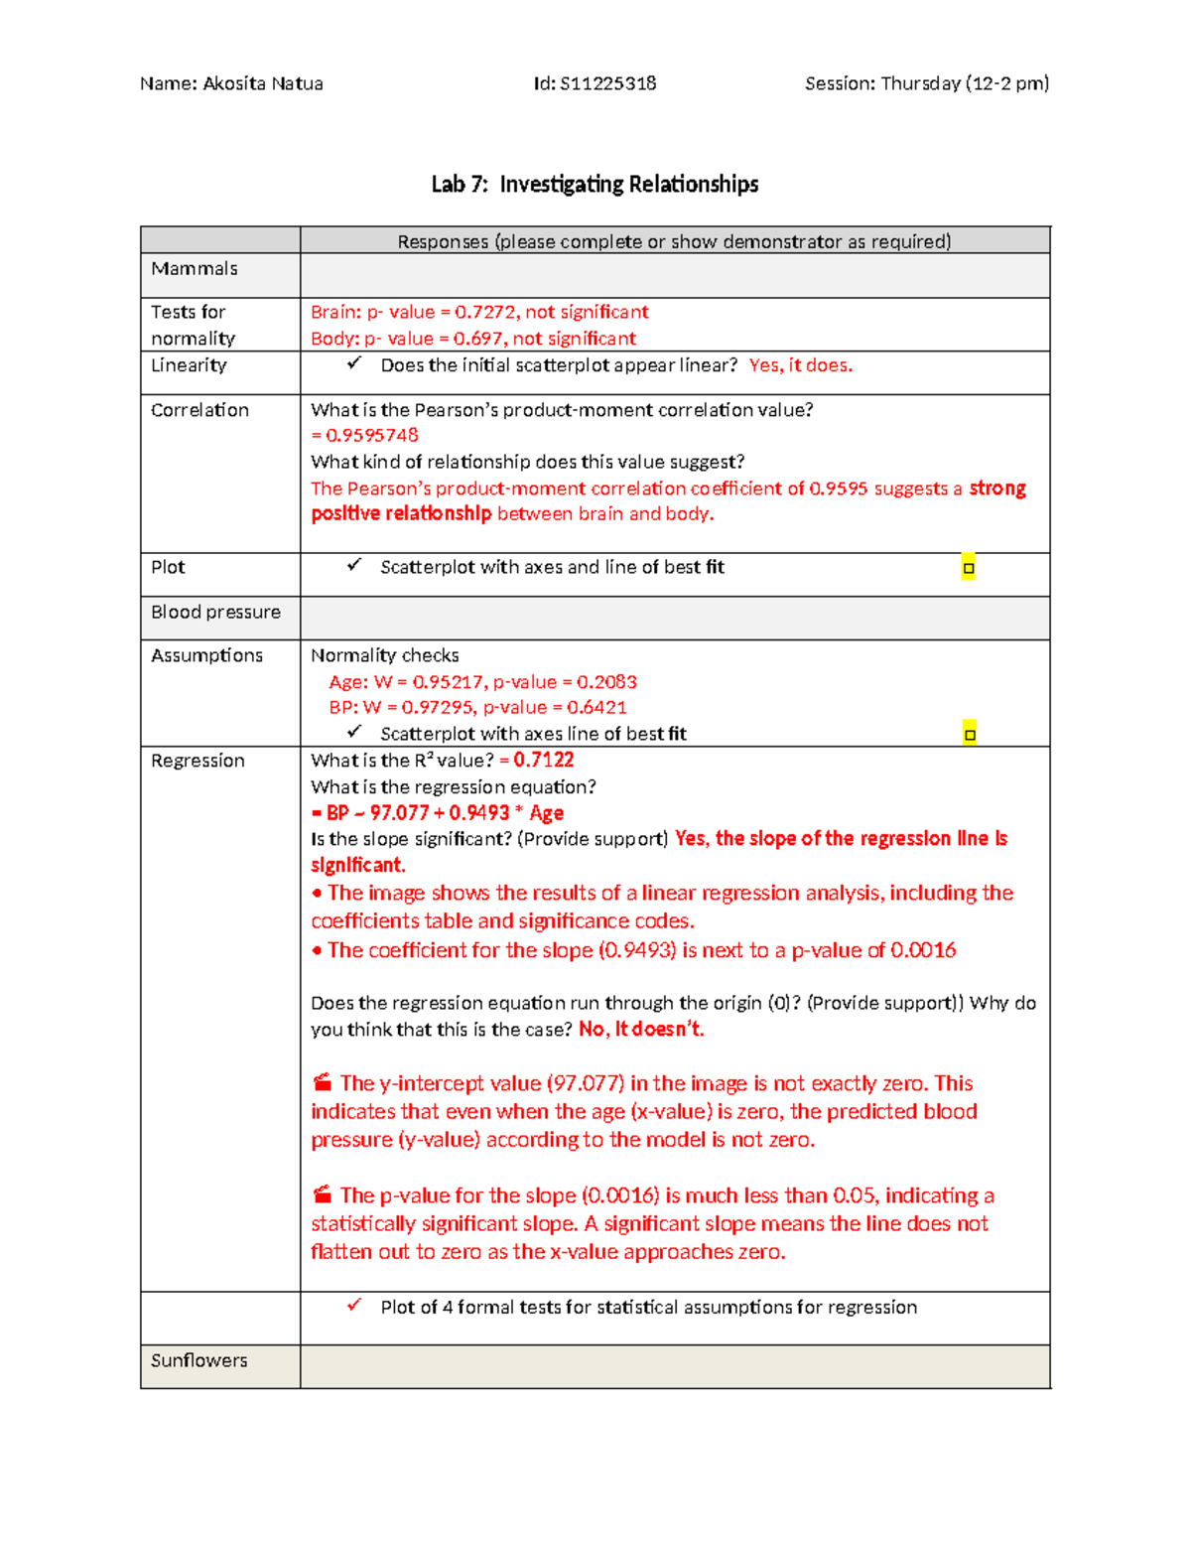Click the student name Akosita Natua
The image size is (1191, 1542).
click(x=262, y=83)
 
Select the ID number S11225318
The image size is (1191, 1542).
click(x=607, y=83)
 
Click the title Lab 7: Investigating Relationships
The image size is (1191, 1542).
click(x=595, y=185)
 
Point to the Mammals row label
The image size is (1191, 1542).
click(x=195, y=269)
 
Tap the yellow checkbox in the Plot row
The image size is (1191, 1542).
click(x=969, y=568)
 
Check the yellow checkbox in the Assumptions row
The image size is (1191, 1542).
click(x=970, y=735)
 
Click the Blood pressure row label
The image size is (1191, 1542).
click(x=215, y=613)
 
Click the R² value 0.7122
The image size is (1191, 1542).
click(x=544, y=761)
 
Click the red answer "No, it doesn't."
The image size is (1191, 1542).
click(x=641, y=1030)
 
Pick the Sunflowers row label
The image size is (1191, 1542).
click(x=198, y=1361)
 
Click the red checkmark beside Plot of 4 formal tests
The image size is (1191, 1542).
click(x=354, y=1306)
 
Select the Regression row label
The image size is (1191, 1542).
click(x=198, y=761)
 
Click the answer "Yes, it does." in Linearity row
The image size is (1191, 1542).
click(x=800, y=365)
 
